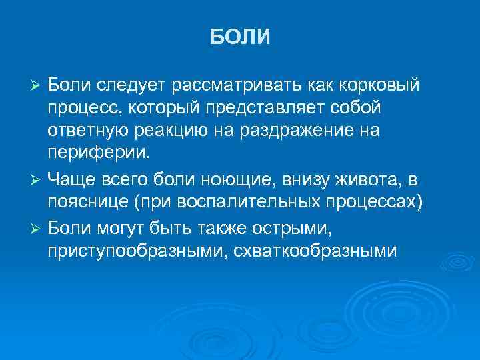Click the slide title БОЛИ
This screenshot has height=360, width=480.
(x=240, y=37)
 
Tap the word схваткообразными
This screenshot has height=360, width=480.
(x=314, y=251)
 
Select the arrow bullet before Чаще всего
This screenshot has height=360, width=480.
(x=37, y=181)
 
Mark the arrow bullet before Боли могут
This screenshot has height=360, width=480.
(x=37, y=230)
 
